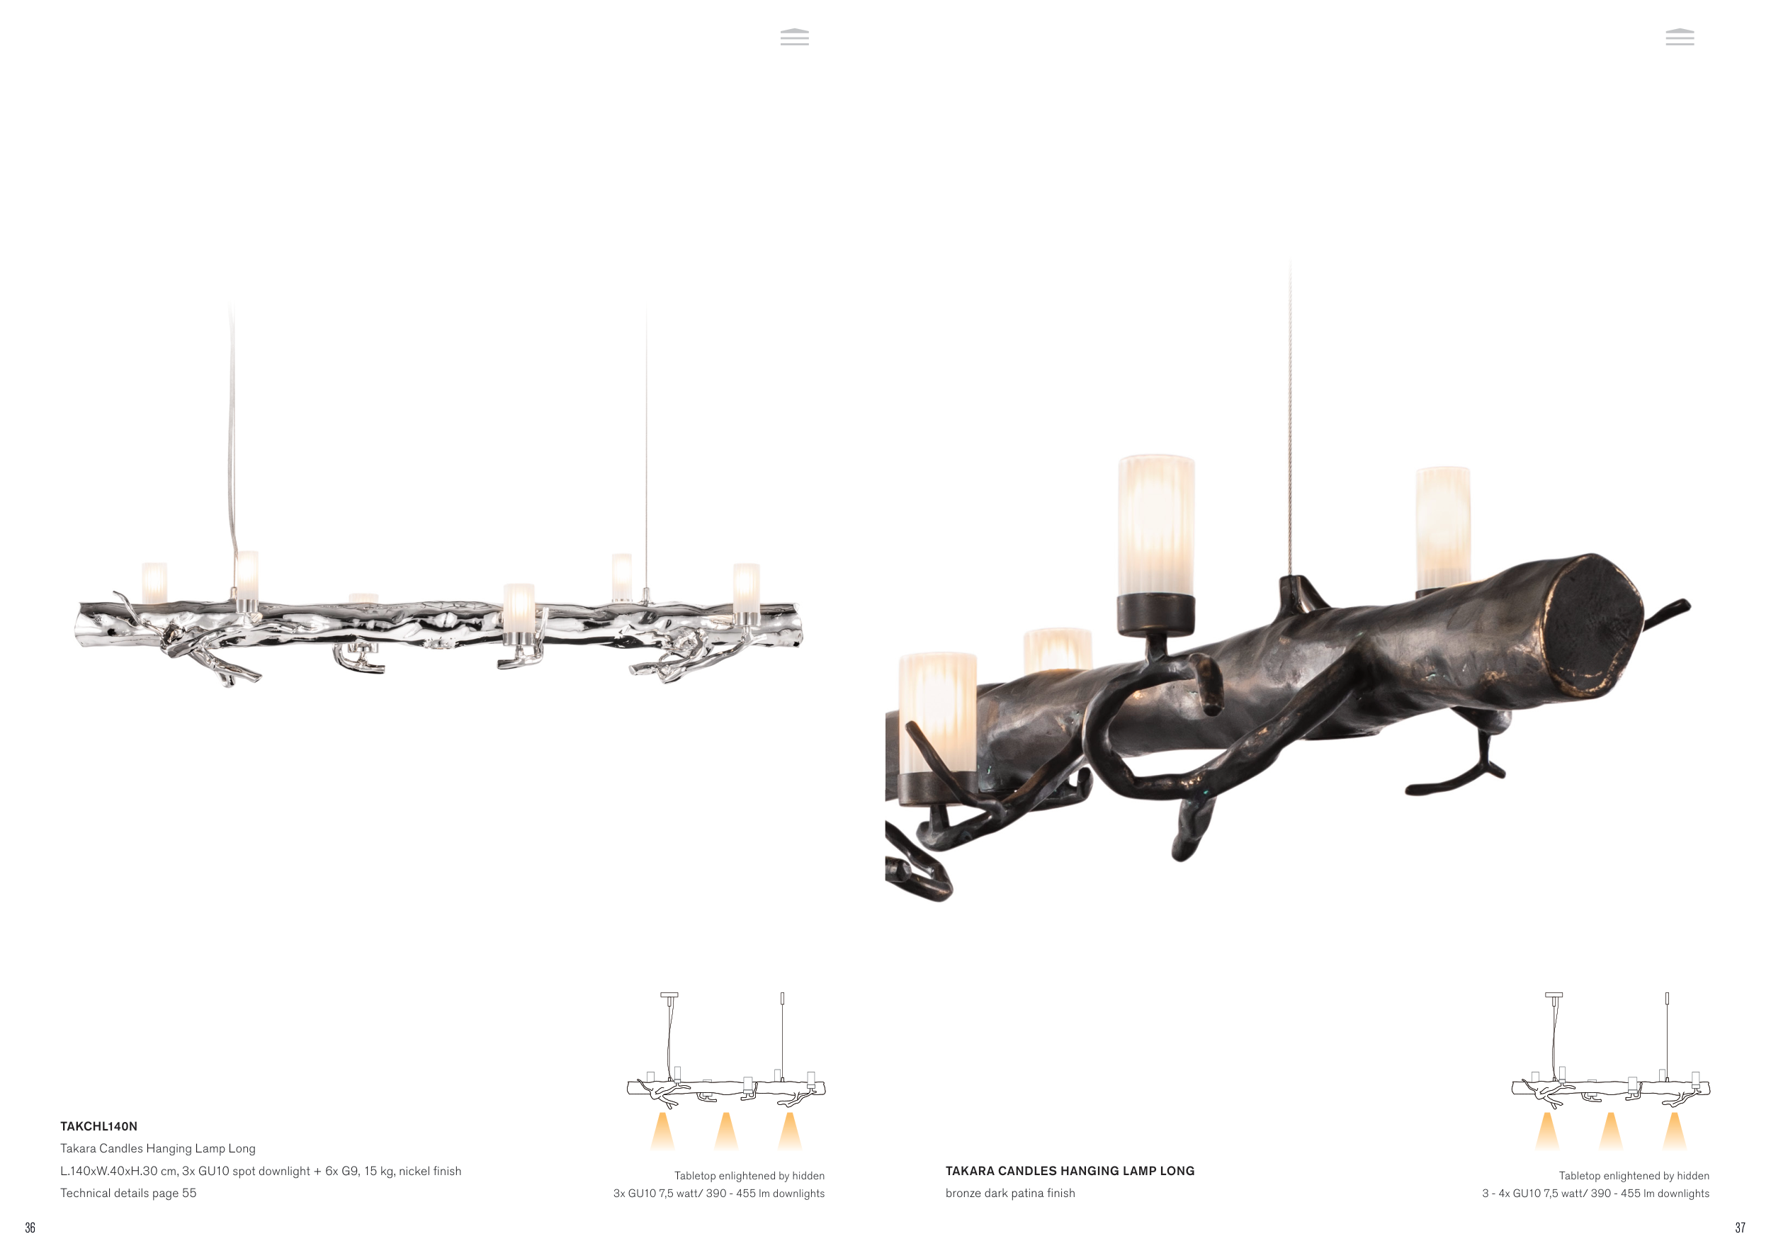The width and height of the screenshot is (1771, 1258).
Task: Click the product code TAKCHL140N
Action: point(98,1126)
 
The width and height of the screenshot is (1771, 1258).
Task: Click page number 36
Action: point(30,1228)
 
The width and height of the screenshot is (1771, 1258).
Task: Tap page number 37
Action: point(1740,1228)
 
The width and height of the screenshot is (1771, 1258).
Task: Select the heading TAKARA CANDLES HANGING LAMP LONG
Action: point(1069,1172)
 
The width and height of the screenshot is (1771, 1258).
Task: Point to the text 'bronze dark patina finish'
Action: point(1009,1194)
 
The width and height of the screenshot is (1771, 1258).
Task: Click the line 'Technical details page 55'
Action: point(128,1194)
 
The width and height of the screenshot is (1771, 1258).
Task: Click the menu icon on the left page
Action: point(794,37)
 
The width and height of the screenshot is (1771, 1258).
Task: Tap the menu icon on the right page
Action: point(1680,37)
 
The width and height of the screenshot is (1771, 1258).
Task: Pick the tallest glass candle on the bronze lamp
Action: point(1155,527)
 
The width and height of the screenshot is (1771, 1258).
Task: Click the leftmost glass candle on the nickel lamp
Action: point(154,582)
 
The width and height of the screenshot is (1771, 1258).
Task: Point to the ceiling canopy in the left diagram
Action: point(669,994)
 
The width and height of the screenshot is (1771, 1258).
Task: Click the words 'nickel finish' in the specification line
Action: point(430,1172)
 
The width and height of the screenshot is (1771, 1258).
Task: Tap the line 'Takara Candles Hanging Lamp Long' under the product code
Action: point(157,1149)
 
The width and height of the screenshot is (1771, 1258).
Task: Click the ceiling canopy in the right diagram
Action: point(1554,994)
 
